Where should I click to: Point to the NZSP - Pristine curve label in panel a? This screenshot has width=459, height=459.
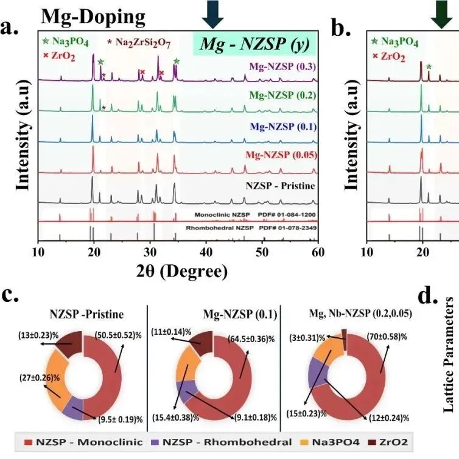click(x=274, y=183)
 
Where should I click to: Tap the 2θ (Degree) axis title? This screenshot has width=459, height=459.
click(x=178, y=268)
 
